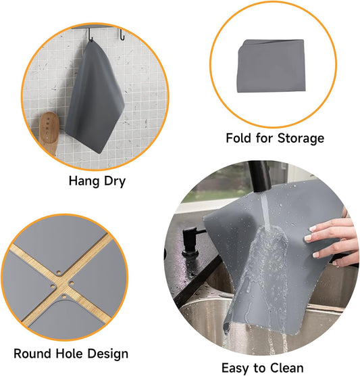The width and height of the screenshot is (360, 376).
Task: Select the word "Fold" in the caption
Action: pos(239,138)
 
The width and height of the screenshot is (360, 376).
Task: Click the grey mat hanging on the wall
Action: pos(95,101)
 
